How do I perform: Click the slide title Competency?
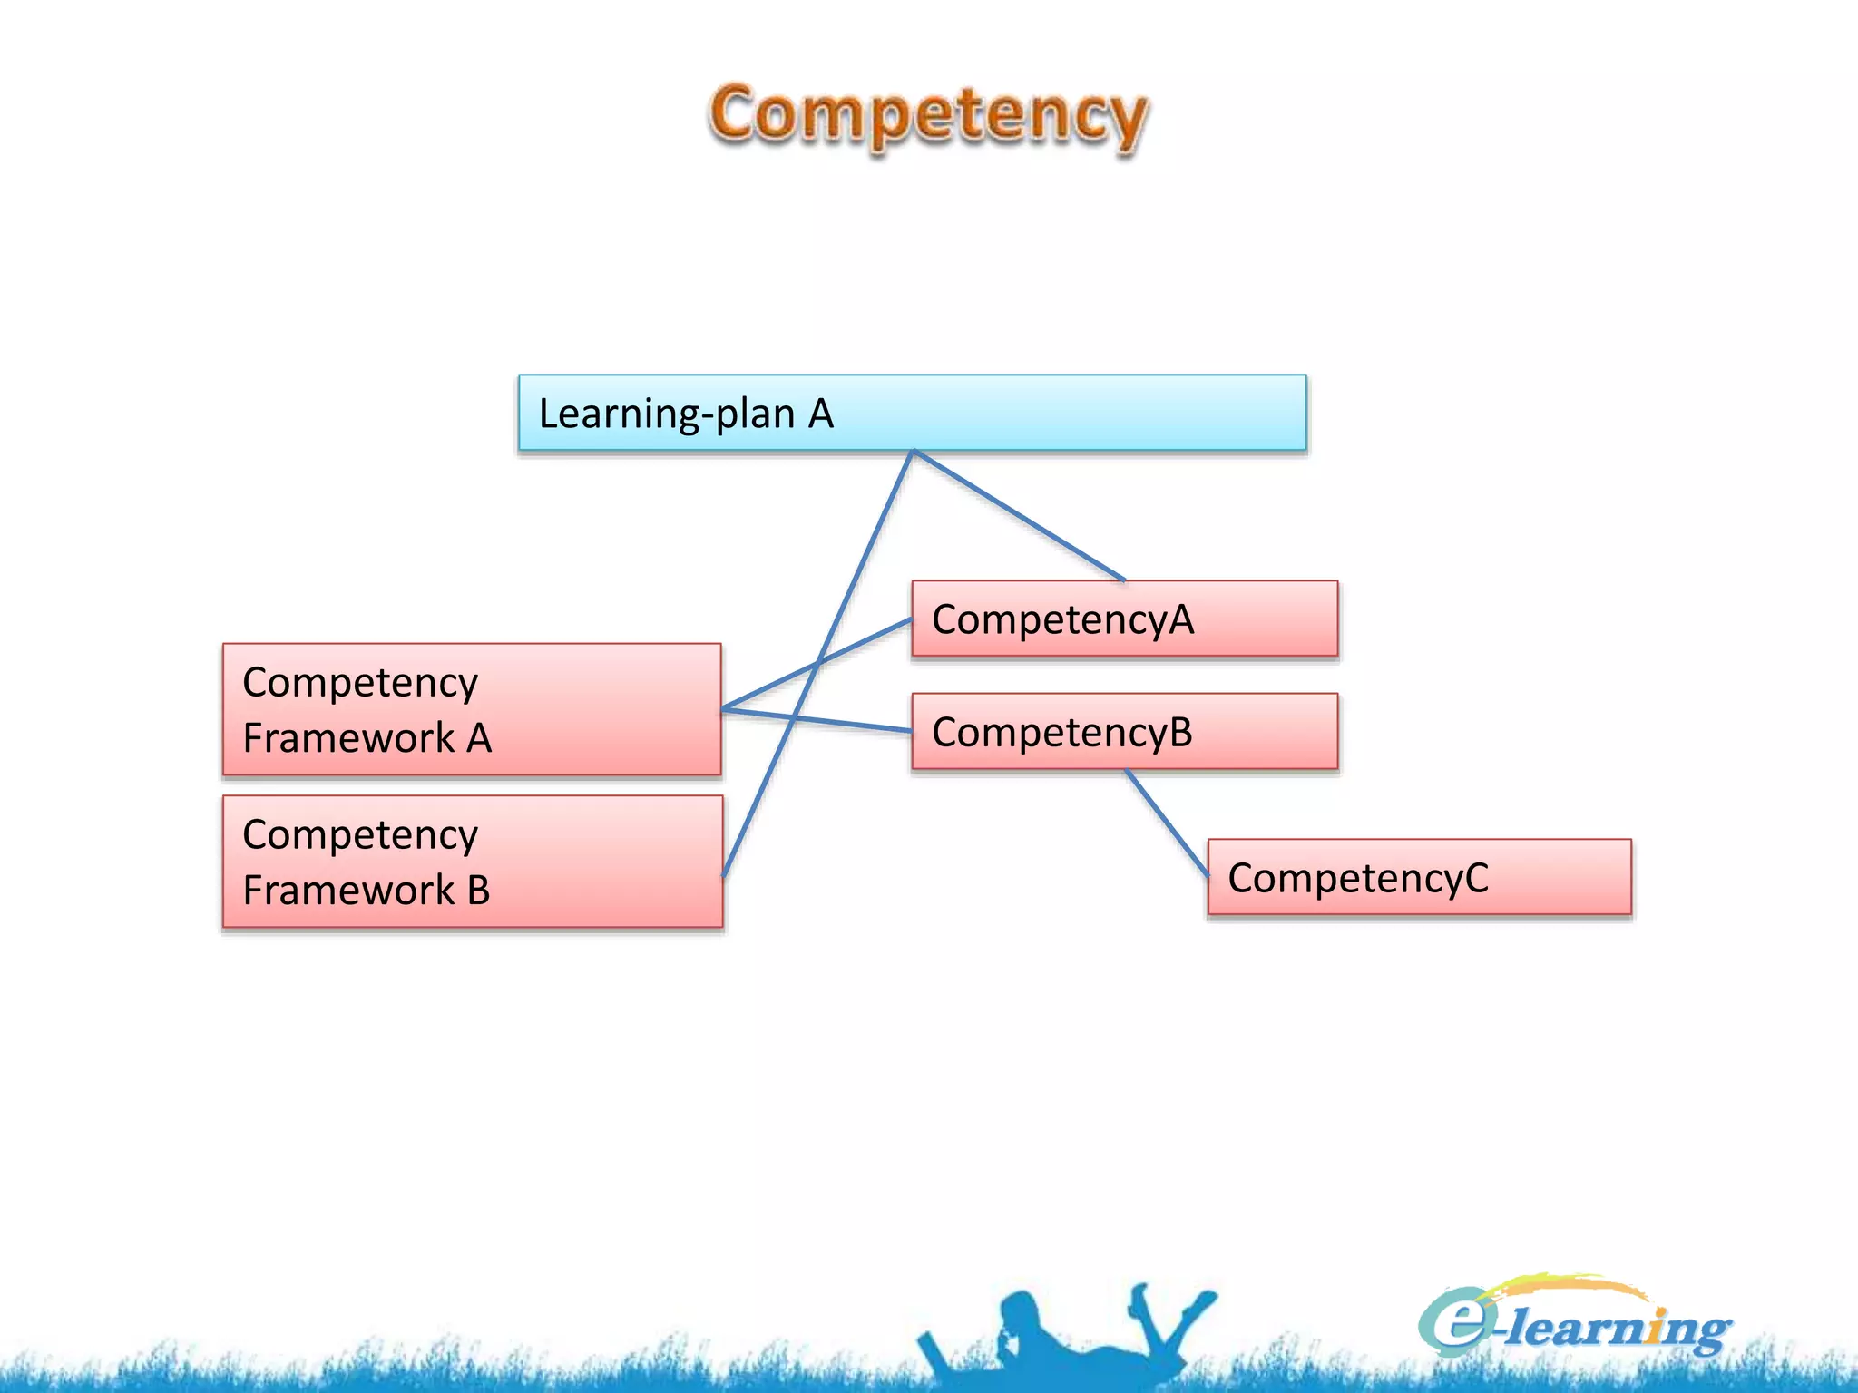927,115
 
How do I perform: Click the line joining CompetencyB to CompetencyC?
1167,823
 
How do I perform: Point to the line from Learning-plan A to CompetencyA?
1019,515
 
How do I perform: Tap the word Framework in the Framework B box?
349,890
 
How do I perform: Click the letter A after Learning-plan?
820,414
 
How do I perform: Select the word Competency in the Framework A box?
360,683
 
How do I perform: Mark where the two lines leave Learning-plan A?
913,451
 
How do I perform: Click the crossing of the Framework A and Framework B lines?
817,664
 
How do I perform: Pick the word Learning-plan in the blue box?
667,414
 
